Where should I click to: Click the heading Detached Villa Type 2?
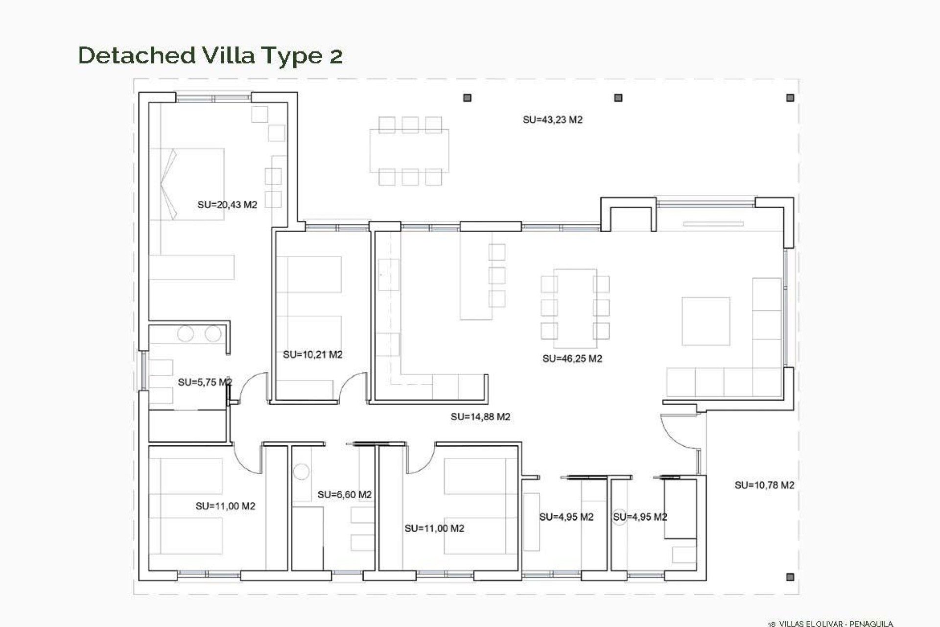[211, 55]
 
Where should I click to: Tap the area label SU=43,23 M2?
[552, 120]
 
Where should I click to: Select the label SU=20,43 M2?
[227, 205]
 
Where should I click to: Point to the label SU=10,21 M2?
[312, 355]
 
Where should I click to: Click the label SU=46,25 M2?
[572, 359]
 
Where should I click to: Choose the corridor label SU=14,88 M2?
[480, 417]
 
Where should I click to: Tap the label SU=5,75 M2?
[205, 382]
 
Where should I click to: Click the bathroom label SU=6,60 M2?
[344, 495]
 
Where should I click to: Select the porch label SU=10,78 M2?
[764, 485]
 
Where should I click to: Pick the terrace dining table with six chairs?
[409, 150]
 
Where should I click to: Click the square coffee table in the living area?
[705, 321]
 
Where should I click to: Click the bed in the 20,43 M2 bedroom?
[187, 184]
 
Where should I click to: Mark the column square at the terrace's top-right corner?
[790, 98]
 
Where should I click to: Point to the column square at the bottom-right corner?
[790, 577]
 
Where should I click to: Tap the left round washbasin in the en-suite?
[186, 334]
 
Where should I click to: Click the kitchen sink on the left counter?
[389, 275]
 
